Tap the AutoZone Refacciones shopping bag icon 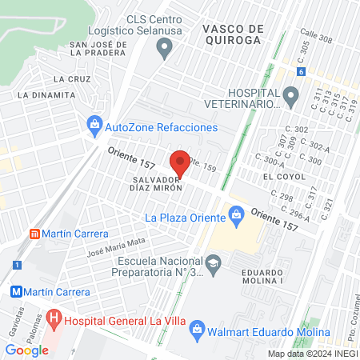click(94, 126)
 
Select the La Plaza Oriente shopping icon click(236, 215)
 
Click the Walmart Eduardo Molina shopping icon click(198, 331)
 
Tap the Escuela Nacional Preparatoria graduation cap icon click(213, 262)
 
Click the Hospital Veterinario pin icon click(291, 98)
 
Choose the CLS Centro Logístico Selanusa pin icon click(166, 50)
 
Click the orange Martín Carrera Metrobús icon click(34, 234)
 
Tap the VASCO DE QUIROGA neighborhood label click(232, 33)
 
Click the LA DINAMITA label click(46, 94)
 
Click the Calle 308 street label click(316, 38)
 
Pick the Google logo click(26, 350)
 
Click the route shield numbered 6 click(300, 71)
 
